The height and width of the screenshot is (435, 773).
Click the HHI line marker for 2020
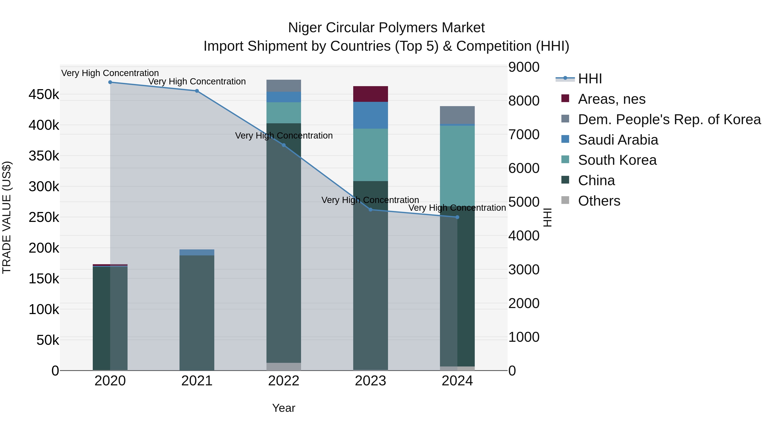(110, 82)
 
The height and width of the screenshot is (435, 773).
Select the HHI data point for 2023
(371, 209)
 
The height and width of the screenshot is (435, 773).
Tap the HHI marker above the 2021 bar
(197, 91)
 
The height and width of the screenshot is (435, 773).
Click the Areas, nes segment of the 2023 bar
(371, 94)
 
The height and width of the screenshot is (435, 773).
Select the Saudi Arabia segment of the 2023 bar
(371, 115)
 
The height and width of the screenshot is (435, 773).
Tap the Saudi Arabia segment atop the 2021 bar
(197, 252)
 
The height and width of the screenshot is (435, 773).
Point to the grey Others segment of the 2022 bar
(284, 366)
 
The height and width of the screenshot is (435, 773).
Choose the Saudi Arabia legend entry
(618, 140)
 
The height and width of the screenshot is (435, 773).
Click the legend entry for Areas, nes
(611, 99)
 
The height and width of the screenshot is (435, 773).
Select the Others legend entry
(599, 201)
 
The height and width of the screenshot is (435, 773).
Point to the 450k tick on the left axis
(44, 95)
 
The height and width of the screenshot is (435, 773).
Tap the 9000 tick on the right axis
(524, 67)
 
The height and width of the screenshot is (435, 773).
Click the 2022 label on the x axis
(284, 381)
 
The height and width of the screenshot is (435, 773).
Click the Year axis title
(284, 408)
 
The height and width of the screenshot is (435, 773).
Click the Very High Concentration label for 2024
(457, 208)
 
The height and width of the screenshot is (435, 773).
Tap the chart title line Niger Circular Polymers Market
(386, 28)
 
